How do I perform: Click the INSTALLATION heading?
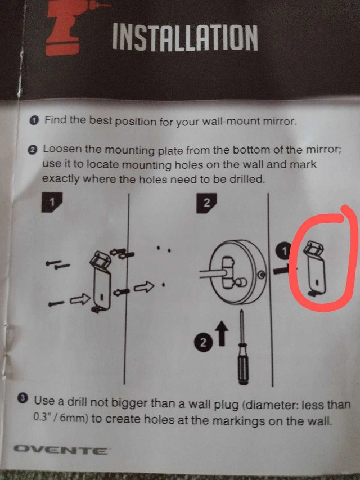[185, 37]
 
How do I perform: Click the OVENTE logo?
[60, 451]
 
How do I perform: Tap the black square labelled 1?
[52, 202]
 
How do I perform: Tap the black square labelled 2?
[206, 203]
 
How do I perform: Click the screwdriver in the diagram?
[243, 347]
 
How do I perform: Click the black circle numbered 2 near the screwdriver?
[203, 343]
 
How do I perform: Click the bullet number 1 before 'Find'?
[34, 120]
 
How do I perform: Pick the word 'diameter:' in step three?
[271, 405]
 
